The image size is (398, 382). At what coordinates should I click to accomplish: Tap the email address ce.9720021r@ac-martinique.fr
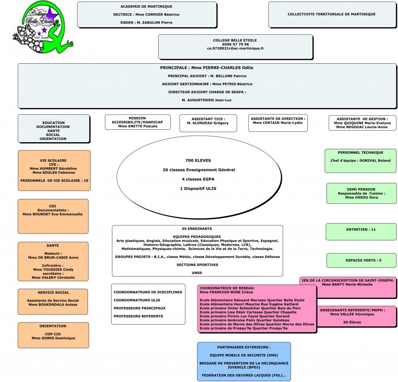(235, 49)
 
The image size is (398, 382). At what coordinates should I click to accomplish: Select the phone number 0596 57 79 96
(235, 44)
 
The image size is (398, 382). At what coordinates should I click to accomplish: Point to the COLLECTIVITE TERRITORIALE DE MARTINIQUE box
(332, 14)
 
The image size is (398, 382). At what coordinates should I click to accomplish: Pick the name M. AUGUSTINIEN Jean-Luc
(207, 100)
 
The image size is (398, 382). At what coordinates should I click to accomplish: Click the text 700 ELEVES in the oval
(199, 160)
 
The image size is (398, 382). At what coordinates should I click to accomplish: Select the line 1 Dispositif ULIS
(199, 188)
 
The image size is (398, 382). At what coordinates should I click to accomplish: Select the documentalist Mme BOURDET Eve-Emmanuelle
(52, 214)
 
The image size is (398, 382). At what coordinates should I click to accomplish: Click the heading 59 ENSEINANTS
(197, 229)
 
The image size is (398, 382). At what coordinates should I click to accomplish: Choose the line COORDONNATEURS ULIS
(137, 300)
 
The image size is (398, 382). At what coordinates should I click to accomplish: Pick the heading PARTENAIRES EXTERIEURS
(244, 347)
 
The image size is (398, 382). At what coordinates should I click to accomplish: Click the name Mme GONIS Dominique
(53, 338)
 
